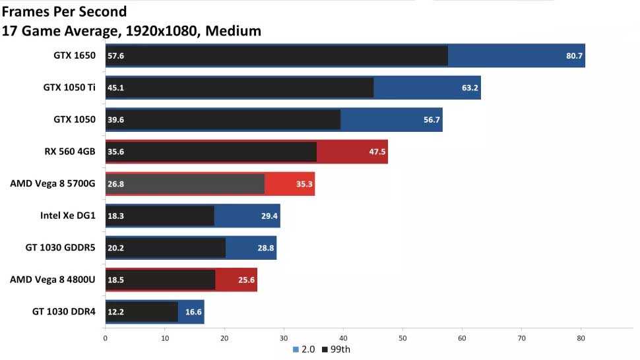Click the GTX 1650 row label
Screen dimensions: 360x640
(75, 56)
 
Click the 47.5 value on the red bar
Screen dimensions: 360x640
(377, 152)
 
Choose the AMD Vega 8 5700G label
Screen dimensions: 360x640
(53, 184)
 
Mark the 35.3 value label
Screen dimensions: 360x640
(304, 184)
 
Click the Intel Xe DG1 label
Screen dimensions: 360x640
(68, 216)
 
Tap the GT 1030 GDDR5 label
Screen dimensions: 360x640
(60, 247)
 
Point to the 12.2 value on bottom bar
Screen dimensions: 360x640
(115, 311)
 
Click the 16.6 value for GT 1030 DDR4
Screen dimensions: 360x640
(193, 311)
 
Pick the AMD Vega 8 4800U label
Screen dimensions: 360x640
(53, 280)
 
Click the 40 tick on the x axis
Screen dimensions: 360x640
(343, 338)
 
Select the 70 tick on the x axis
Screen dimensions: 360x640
(522, 338)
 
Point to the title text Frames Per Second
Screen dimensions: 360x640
(64, 11)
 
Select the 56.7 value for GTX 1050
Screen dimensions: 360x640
(431, 120)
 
